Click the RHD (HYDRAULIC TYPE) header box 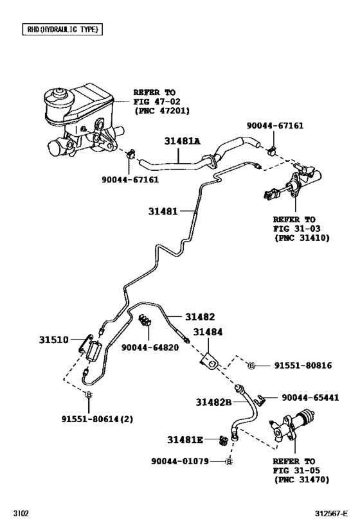tap(62, 30)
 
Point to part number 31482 tap(201, 317)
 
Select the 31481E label tap(185, 440)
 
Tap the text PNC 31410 tap(301, 238)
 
